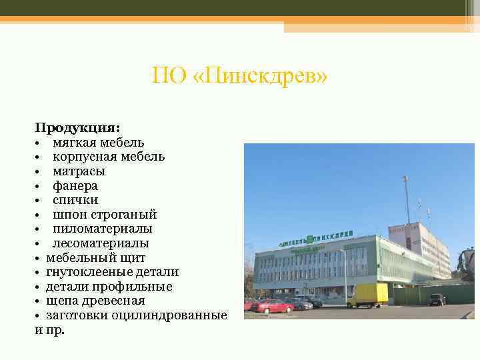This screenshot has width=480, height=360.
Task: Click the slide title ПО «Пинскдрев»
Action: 239,76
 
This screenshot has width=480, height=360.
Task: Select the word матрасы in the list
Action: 79,171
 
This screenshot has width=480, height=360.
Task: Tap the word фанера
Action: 75,186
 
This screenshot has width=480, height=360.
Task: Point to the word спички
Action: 75,200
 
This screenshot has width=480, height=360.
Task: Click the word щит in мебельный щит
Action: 134,258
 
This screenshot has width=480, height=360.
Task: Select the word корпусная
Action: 85,157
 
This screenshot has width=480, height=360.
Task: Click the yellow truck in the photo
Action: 371,294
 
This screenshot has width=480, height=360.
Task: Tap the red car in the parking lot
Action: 274,306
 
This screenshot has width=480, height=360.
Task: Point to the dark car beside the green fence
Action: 437,299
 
